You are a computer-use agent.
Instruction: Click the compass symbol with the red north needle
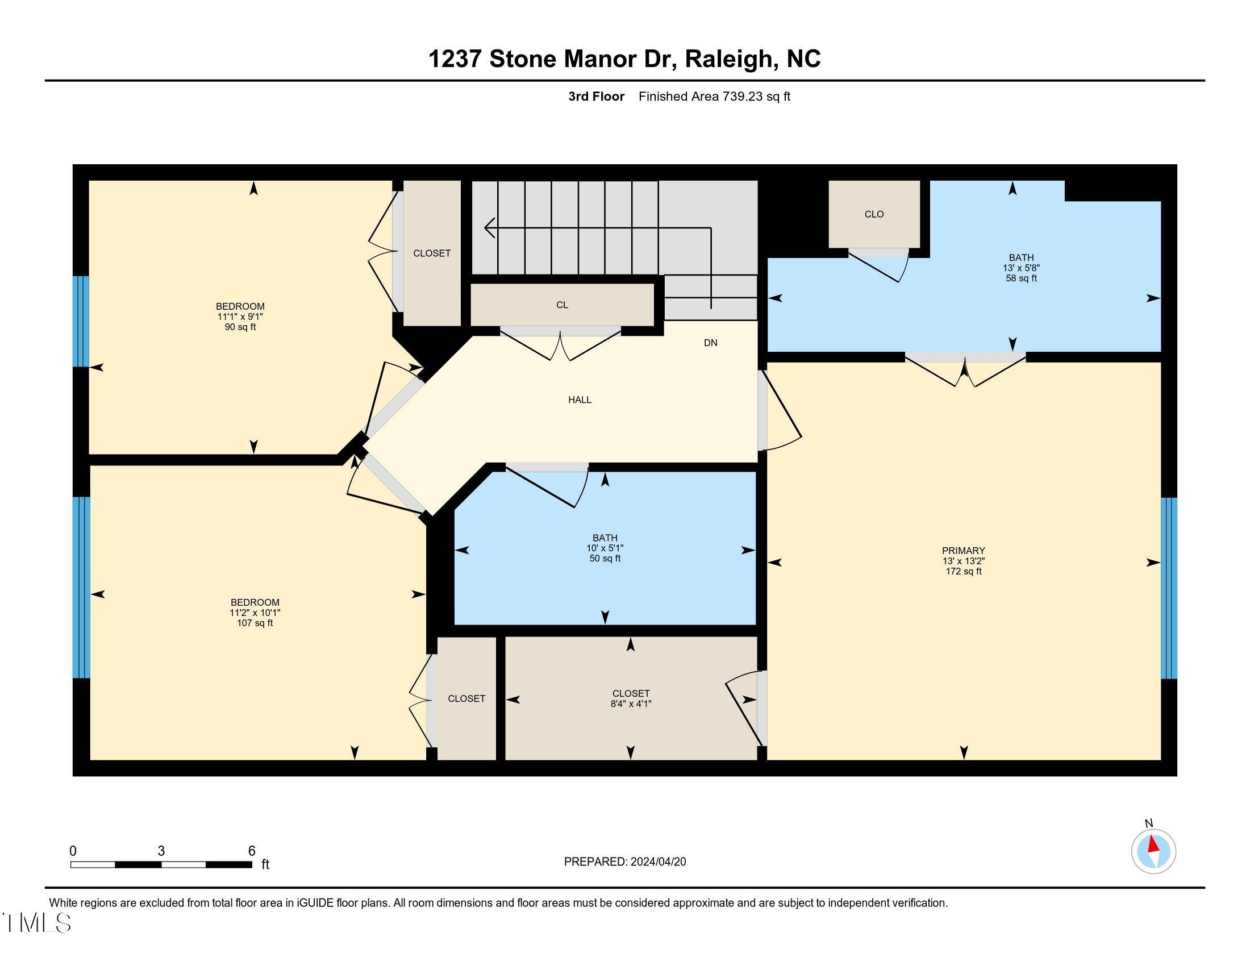(1153, 852)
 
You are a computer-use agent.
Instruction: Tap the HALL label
(580, 399)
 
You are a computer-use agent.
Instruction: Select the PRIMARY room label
(963, 551)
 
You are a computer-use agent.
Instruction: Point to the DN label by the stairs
(710, 343)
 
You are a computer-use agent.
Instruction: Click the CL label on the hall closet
(562, 305)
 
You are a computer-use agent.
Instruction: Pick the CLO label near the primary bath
(874, 214)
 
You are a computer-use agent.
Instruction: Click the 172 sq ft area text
(963, 571)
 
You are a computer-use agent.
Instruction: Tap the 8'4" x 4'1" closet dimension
(631, 703)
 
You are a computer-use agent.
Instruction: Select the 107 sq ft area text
(255, 623)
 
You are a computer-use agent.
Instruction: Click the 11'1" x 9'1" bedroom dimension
(240, 317)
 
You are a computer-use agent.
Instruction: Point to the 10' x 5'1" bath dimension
(605, 548)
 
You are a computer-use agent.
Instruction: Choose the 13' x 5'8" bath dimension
(1021, 268)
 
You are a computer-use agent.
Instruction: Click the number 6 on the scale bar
(252, 851)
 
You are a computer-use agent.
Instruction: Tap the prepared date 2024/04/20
(657, 862)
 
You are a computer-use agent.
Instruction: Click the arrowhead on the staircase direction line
(489, 228)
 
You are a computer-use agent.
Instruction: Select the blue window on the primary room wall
(1169, 588)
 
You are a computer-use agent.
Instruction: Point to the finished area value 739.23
(743, 97)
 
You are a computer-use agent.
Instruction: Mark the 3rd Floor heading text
(596, 97)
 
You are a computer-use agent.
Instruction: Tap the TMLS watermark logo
(36, 922)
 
